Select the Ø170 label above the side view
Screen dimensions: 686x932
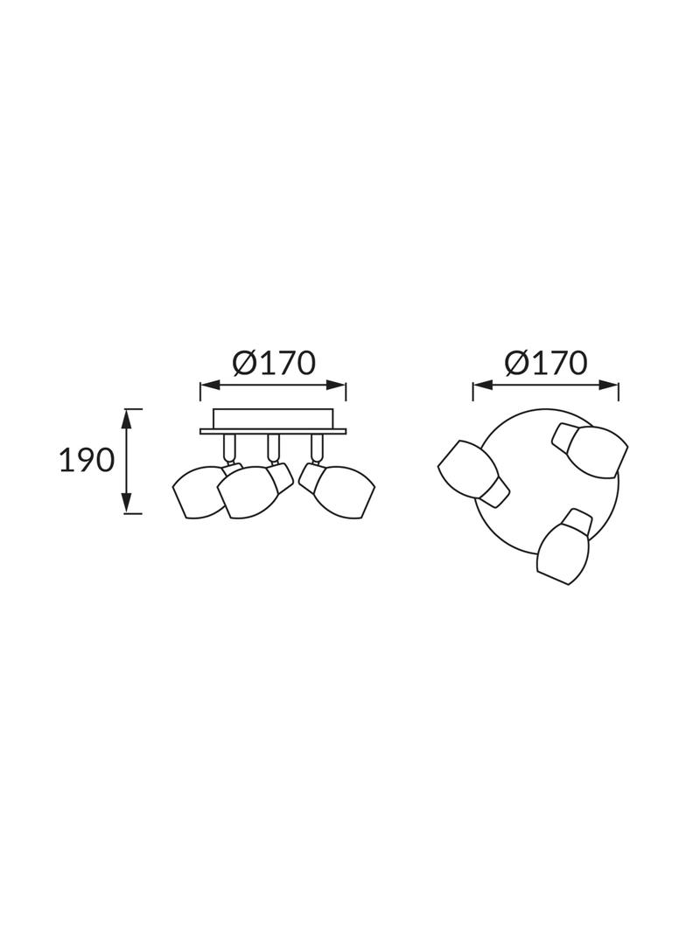[273, 363]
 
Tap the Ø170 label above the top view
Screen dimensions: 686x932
[546, 363]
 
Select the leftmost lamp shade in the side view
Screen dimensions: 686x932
[198, 492]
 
